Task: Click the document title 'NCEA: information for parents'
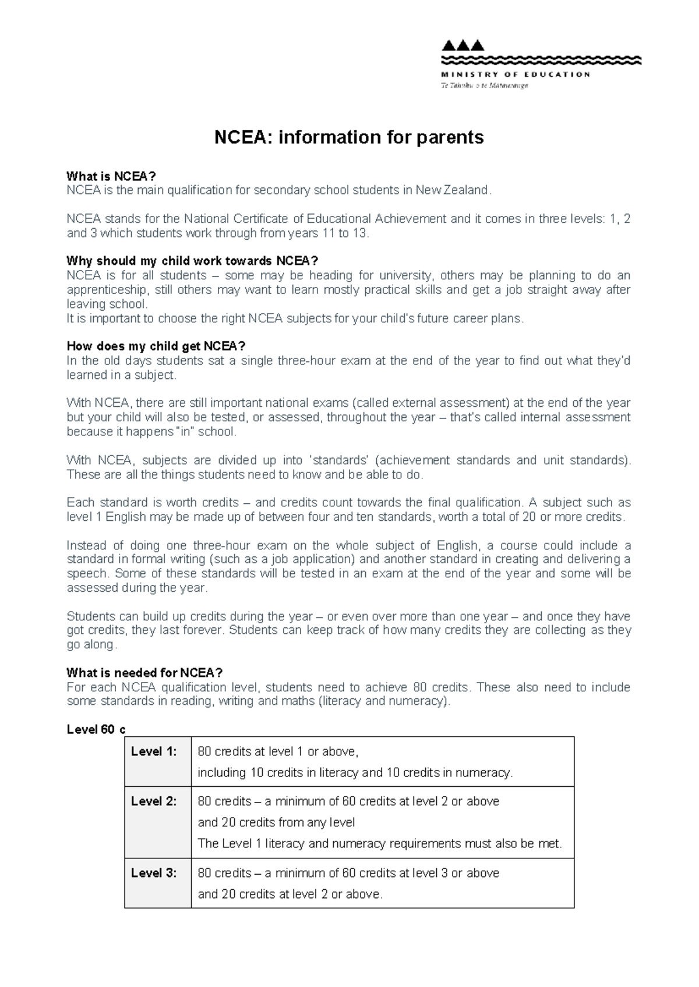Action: coord(349,137)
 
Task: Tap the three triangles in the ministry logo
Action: coord(463,45)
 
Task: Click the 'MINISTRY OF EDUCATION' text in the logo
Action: coord(516,74)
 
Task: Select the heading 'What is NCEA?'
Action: coord(111,176)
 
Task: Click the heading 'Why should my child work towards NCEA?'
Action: coord(192,261)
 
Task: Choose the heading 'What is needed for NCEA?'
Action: coord(144,673)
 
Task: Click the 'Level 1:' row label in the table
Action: coord(153,751)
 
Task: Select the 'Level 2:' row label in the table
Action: coord(153,801)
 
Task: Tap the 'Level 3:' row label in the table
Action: coord(153,873)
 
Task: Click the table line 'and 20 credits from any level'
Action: coord(276,822)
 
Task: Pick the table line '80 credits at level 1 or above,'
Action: coord(278,751)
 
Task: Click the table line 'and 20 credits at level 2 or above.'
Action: coord(290,894)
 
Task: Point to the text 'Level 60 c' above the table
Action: coord(96,730)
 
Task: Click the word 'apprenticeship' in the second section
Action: coord(103,290)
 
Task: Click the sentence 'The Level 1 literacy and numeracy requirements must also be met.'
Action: coord(380,843)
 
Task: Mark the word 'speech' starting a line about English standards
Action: coord(87,574)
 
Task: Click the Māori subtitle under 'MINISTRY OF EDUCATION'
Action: coord(484,86)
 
